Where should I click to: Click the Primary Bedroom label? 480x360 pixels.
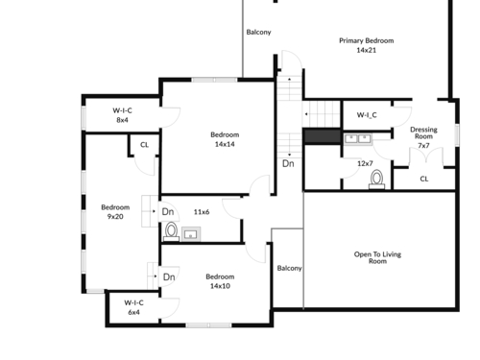(x=367, y=40)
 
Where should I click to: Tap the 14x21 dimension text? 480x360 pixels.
(x=367, y=50)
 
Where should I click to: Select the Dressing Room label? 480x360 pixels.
(x=423, y=132)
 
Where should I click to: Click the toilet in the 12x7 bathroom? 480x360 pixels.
(x=377, y=180)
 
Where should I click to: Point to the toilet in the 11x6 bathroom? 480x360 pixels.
(x=171, y=231)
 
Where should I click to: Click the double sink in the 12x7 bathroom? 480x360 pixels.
(x=358, y=139)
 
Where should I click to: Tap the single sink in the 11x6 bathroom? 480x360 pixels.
(x=191, y=234)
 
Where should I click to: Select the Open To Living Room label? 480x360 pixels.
(x=377, y=257)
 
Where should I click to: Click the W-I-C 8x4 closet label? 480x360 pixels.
(x=122, y=115)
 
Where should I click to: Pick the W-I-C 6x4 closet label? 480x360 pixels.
(x=133, y=307)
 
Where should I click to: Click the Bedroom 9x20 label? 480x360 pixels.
(x=115, y=212)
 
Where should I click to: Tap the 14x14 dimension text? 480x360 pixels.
(x=225, y=144)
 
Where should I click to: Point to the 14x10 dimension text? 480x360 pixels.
(x=220, y=286)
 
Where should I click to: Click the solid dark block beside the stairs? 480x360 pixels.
(x=322, y=136)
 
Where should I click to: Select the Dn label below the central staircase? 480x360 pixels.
(x=288, y=163)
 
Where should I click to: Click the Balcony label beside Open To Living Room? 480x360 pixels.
(x=289, y=268)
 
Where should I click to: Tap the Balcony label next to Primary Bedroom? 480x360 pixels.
(x=258, y=32)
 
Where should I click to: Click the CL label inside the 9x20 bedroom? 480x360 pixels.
(x=144, y=145)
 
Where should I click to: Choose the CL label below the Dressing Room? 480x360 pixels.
(x=424, y=179)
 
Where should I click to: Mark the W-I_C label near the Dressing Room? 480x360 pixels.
(x=367, y=115)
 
